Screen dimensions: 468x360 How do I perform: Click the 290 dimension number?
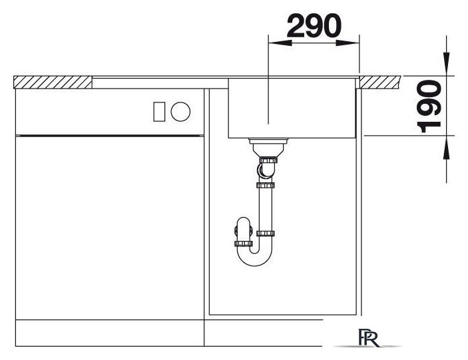point(314,26)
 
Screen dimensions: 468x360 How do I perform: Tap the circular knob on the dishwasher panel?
point(180,112)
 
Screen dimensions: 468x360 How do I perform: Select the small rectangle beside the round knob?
point(159,112)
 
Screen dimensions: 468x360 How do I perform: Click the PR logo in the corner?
point(369,338)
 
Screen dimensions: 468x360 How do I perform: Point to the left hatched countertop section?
point(53,83)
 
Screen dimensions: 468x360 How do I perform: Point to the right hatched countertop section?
point(379,83)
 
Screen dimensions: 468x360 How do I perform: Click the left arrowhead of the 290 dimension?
point(280,43)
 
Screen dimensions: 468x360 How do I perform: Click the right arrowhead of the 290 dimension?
point(348,43)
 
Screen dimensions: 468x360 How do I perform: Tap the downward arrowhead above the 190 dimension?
point(447,63)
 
